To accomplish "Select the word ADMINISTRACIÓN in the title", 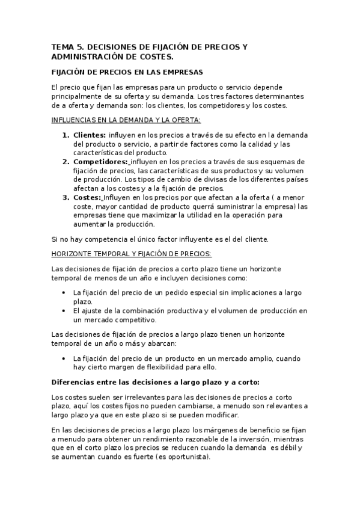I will (91, 57).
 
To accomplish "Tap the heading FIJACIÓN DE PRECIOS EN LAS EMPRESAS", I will (127, 72).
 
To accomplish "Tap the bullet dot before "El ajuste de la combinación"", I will (64, 310).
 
